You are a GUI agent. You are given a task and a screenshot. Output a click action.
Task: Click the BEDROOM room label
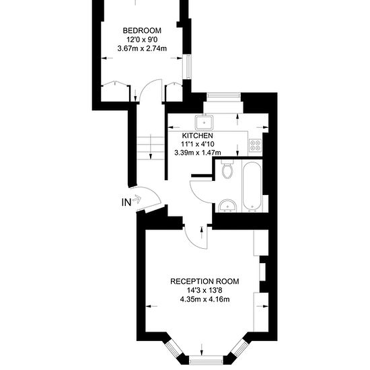[142, 31]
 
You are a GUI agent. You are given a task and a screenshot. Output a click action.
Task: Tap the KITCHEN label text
[198, 136]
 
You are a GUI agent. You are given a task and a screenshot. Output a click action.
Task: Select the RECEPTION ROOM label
[205, 281]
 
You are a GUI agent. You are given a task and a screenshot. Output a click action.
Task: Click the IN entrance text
[126, 202]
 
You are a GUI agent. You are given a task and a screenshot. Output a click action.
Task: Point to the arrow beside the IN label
[137, 199]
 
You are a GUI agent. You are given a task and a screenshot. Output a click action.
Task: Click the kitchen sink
[204, 122]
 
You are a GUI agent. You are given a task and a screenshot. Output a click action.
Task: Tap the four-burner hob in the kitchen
[256, 145]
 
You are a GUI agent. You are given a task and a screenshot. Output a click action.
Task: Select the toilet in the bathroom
[227, 169]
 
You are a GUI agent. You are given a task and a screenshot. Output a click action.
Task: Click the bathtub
[252, 186]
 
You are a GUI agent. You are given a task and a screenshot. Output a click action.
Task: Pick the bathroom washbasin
[227, 206]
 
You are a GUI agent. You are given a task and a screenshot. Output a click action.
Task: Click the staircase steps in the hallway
[151, 148]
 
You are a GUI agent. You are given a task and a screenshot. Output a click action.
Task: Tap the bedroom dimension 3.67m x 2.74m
[142, 48]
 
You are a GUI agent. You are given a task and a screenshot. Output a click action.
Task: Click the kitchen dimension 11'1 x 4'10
[198, 144]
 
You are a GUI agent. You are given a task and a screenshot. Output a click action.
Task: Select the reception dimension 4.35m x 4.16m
[205, 299]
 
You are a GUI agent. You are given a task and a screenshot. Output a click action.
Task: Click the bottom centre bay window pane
[206, 361]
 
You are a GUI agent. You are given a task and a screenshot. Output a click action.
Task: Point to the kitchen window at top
[223, 95]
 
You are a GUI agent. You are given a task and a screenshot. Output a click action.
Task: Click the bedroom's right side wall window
[188, 67]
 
